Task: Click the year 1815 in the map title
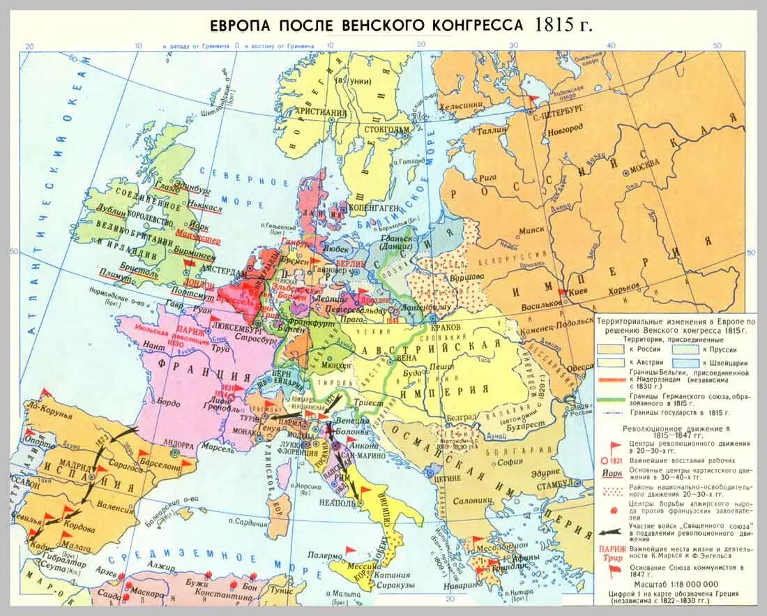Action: tap(554, 24)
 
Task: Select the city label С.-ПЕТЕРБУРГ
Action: tap(559, 110)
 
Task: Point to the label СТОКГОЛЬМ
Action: tap(384, 129)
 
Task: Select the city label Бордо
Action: tap(169, 403)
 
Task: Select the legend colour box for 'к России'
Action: tap(609, 348)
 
